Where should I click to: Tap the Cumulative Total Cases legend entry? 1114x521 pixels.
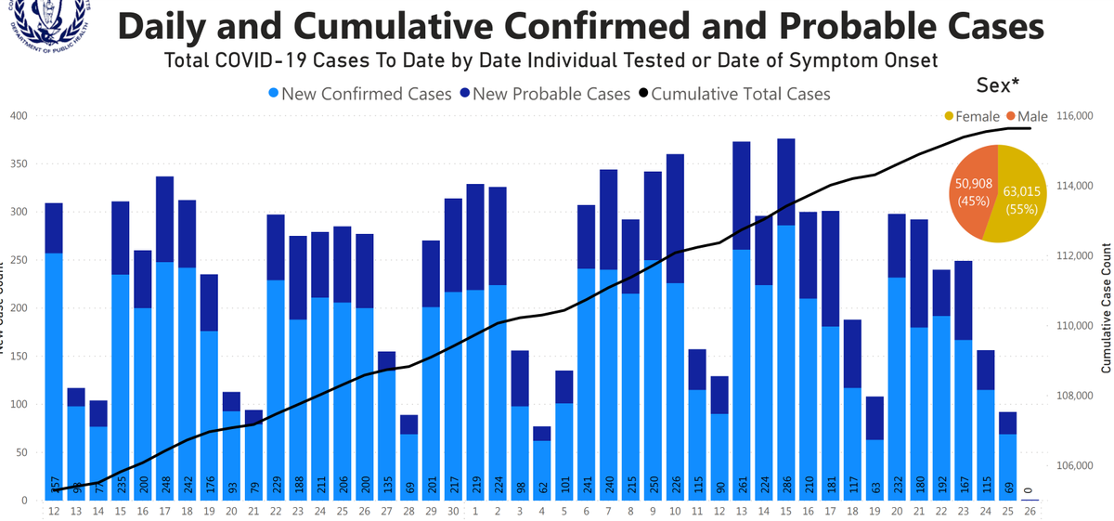[740, 94]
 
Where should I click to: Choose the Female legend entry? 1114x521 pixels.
[971, 116]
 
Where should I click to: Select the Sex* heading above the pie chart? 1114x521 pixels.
[997, 85]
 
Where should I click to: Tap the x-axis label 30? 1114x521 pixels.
[453, 511]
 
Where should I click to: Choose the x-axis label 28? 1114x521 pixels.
[408, 511]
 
